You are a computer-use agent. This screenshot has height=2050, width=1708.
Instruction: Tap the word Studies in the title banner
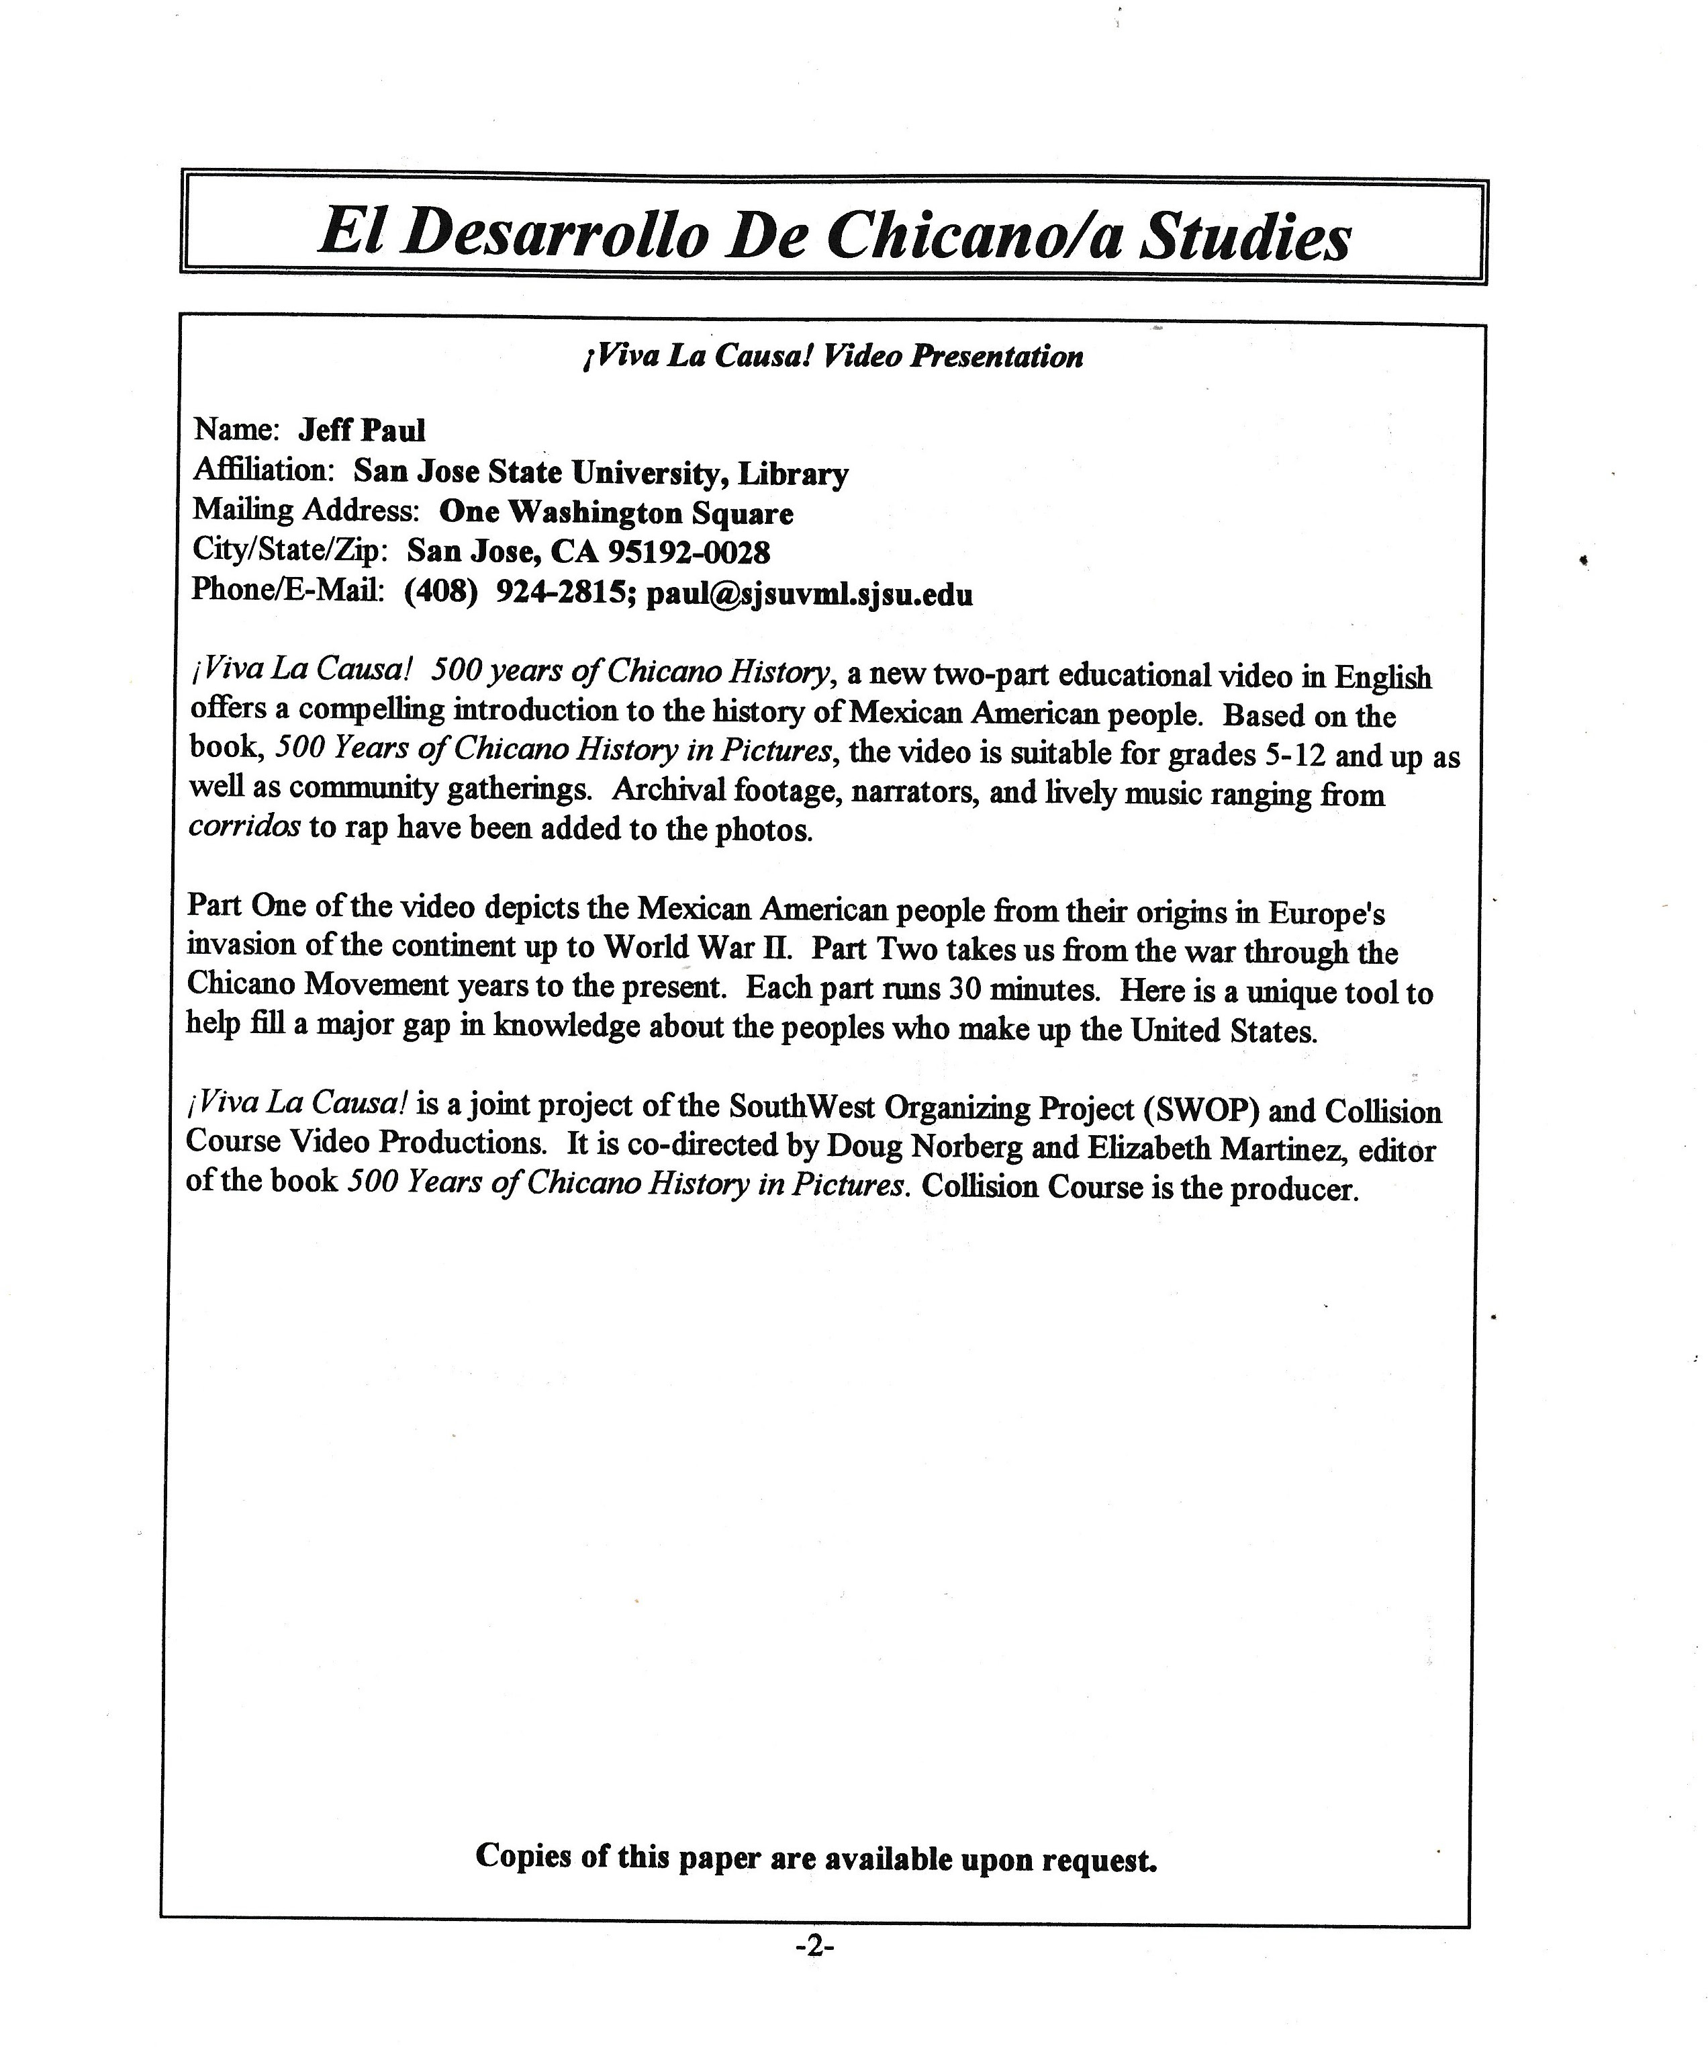(1245, 236)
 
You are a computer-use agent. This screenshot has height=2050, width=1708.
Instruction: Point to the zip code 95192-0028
(689, 553)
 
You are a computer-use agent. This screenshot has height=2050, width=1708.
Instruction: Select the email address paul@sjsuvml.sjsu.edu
(809, 594)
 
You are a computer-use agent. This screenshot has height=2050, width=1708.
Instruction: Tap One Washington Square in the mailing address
(616, 512)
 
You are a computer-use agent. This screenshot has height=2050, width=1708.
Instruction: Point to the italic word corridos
(244, 827)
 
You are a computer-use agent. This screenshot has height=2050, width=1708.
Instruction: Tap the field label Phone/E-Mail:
(288, 590)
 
